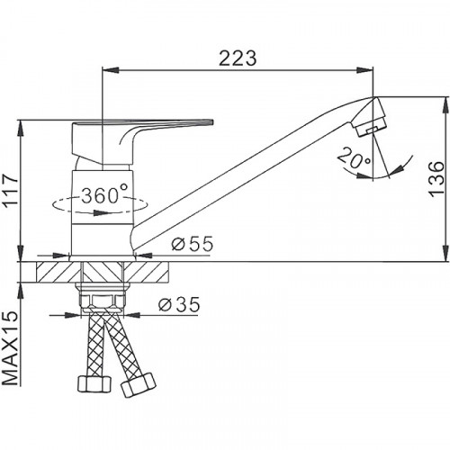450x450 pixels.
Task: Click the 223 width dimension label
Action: [238, 58]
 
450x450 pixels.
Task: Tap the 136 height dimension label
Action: [436, 179]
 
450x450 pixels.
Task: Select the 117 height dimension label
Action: [11, 190]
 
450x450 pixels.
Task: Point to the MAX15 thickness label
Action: [11, 348]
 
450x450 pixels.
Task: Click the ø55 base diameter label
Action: [193, 244]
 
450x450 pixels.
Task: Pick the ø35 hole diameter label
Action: [179, 305]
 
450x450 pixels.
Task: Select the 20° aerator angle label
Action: [354, 158]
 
